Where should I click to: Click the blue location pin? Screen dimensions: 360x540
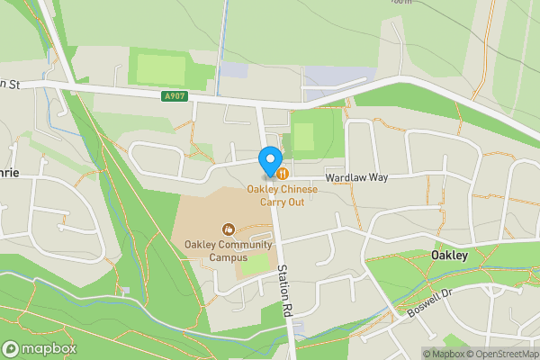269,161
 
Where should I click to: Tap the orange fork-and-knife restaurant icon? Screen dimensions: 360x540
282,172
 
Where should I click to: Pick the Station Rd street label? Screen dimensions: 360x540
284,293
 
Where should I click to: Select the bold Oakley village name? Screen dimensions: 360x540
449,256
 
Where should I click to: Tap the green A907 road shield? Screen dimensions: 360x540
176,95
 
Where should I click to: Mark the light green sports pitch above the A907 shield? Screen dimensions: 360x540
160,68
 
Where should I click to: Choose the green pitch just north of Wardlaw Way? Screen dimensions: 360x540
303,137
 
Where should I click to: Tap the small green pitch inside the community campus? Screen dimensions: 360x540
255,263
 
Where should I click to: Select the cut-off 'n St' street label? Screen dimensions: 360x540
9,84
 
